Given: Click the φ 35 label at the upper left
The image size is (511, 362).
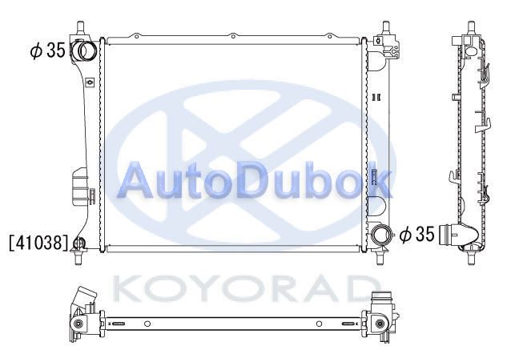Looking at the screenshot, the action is coord(47,50).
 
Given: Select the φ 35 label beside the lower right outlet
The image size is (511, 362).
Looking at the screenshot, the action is coord(417,235).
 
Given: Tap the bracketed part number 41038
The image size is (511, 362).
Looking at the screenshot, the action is coord(40,243).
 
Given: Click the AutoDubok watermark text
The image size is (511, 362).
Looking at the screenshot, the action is coord(255,180).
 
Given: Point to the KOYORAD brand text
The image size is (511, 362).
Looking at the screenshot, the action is coord(243,288).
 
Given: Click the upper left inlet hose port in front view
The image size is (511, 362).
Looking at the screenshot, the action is coord(83,50).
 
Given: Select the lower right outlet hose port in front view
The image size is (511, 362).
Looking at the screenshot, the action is coord(380,235).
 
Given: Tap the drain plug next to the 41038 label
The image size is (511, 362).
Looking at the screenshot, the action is coord(79,243).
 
